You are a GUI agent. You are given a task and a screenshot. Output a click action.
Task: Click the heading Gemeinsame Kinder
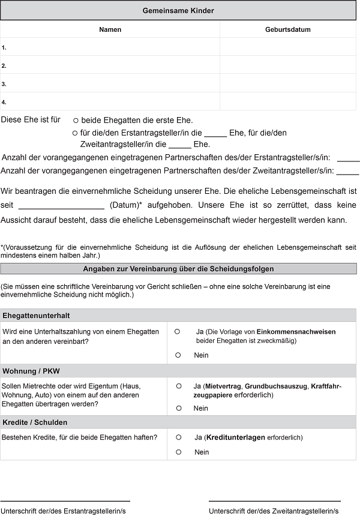click(x=178, y=11)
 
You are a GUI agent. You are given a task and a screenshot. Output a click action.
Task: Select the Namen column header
click(x=110, y=29)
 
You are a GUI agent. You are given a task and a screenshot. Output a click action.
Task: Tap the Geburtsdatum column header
click(x=288, y=29)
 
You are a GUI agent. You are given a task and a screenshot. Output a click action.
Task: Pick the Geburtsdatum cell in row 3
click(x=288, y=83)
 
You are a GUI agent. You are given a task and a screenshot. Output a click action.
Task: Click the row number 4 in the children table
click(x=4, y=102)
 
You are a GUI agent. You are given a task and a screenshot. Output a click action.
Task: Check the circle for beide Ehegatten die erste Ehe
click(x=76, y=121)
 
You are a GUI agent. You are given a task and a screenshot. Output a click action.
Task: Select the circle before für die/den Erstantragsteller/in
click(x=75, y=133)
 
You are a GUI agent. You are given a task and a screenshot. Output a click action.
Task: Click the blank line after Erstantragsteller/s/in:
click(x=348, y=160)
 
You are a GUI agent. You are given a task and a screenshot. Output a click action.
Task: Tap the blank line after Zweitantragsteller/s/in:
click(x=348, y=173)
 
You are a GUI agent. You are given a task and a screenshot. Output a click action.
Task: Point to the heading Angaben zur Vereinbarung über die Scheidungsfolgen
click(x=178, y=269)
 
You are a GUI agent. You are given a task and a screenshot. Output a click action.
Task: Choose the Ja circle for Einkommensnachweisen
click(x=178, y=331)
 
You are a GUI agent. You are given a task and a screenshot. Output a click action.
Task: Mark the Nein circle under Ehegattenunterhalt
click(x=178, y=355)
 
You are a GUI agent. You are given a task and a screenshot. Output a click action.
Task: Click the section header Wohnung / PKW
click(x=31, y=370)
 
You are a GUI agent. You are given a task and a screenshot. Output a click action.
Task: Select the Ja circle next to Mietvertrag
click(x=178, y=386)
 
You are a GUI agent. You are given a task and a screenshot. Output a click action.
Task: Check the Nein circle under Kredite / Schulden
click(x=178, y=452)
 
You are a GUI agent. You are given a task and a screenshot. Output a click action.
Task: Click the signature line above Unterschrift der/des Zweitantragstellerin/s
click(x=274, y=501)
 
